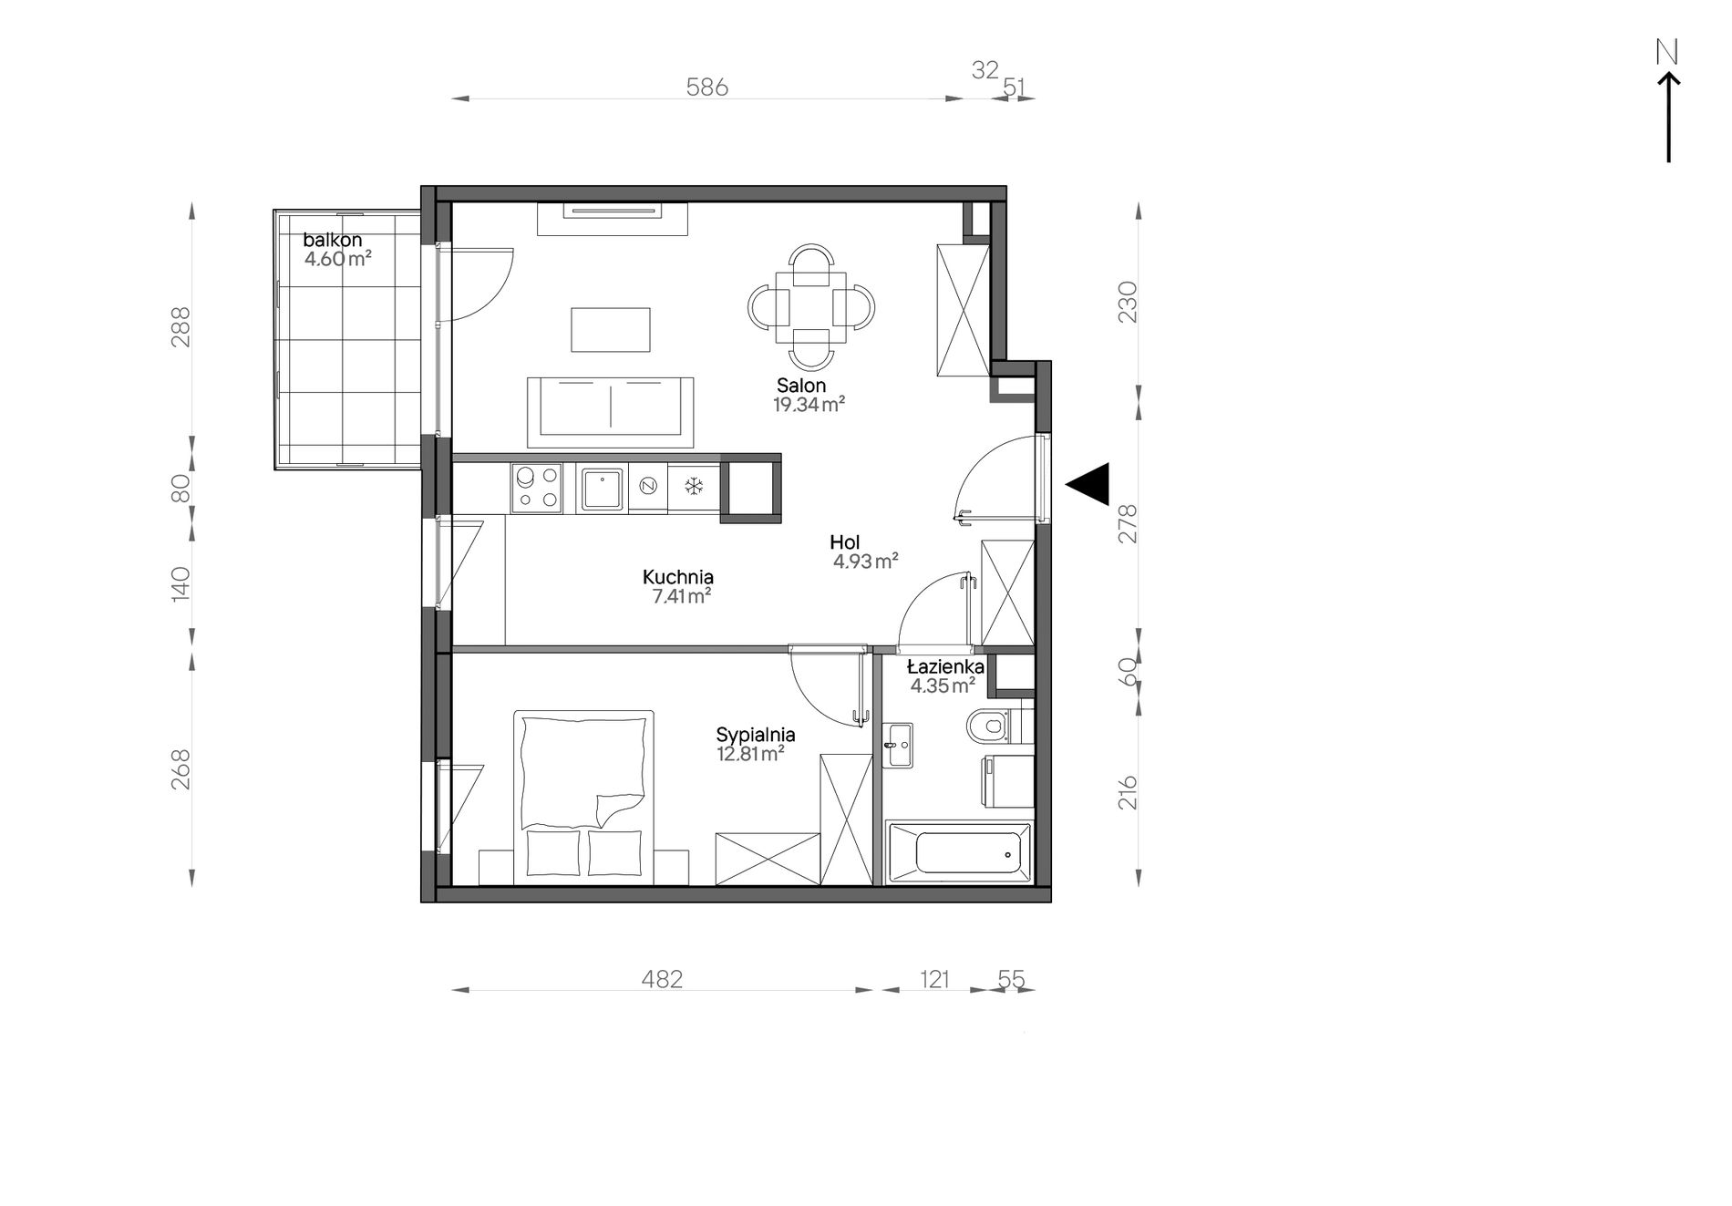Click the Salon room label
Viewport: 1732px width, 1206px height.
point(801,386)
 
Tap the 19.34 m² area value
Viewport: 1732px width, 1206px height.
point(809,406)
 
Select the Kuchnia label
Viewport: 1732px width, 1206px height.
point(677,577)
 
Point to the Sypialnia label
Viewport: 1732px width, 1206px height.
point(756,735)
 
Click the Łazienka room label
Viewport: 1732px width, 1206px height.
point(945,666)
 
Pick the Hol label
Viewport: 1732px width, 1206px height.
point(844,543)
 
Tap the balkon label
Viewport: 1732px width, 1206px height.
point(333,240)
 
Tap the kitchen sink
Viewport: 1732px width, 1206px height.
point(602,489)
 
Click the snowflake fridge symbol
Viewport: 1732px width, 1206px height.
point(694,487)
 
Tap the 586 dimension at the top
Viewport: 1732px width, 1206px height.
point(707,87)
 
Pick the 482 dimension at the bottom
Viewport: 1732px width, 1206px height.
point(662,979)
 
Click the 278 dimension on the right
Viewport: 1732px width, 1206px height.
point(1128,523)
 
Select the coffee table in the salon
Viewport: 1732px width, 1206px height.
point(611,329)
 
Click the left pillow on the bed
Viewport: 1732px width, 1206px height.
point(552,853)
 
